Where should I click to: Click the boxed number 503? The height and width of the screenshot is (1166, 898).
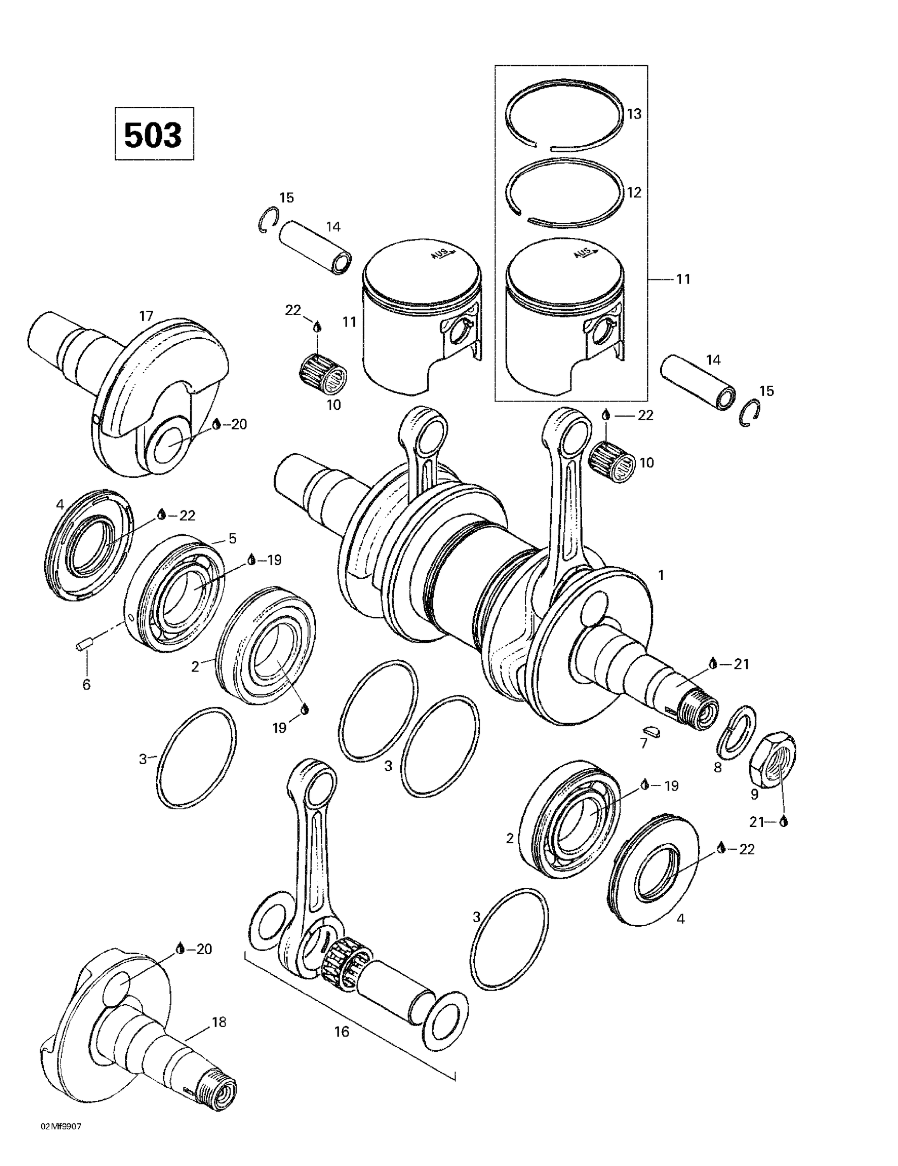click(x=154, y=134)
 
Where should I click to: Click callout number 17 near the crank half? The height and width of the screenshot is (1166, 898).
click(x=146, y=316)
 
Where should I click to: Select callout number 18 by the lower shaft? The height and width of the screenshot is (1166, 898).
click(x=219, y=1022)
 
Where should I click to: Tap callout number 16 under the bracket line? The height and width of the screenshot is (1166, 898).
click(x=342, y=1032)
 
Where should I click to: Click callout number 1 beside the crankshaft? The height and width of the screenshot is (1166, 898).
click(x=661, y=576)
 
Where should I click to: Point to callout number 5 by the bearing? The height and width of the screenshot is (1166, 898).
click(x=232, y=538)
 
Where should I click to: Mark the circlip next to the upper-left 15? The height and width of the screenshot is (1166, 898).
click(x=267, y=220)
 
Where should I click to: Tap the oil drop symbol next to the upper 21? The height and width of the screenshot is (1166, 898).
click(x=712, y=663)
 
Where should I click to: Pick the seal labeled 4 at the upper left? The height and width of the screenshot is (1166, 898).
click(x=88, y=544)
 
